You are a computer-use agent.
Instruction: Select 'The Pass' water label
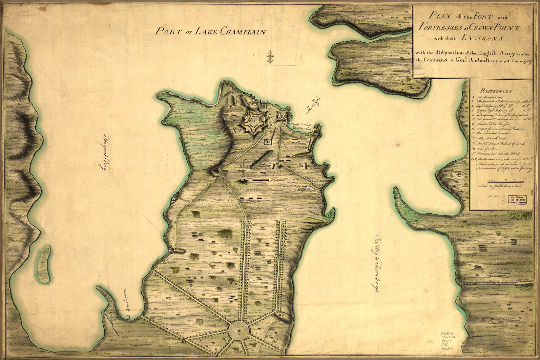tap(312, 106)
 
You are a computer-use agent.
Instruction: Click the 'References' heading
tap(495, 91)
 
